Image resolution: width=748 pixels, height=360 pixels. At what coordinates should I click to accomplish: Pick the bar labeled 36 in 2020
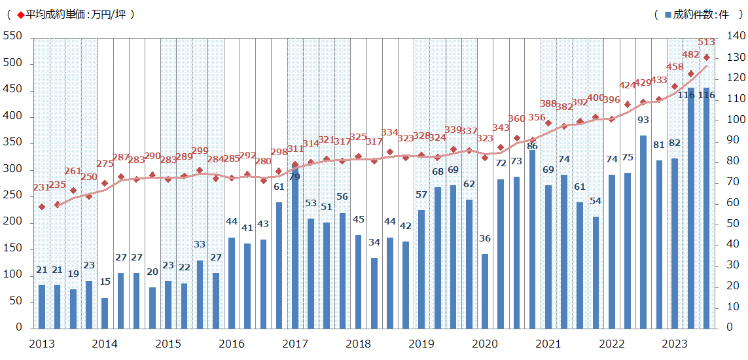(485, 291)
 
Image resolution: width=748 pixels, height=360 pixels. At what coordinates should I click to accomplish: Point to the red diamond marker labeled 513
(706, 58)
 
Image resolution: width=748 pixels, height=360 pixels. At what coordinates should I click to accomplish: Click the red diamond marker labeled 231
(41, 207)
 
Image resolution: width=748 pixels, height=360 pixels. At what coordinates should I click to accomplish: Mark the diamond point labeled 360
(516, 138)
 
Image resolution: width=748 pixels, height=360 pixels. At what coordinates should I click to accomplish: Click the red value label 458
(675, 67)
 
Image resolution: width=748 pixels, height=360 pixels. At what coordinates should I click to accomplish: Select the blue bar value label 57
(421, 195)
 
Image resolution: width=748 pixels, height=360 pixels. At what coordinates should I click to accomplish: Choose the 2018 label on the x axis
(358, 344)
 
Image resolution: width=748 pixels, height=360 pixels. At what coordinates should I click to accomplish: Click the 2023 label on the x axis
(675, 344)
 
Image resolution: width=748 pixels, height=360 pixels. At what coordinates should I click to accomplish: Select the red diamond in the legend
(20, 14)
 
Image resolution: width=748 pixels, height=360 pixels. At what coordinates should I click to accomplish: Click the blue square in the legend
(666, 14)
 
